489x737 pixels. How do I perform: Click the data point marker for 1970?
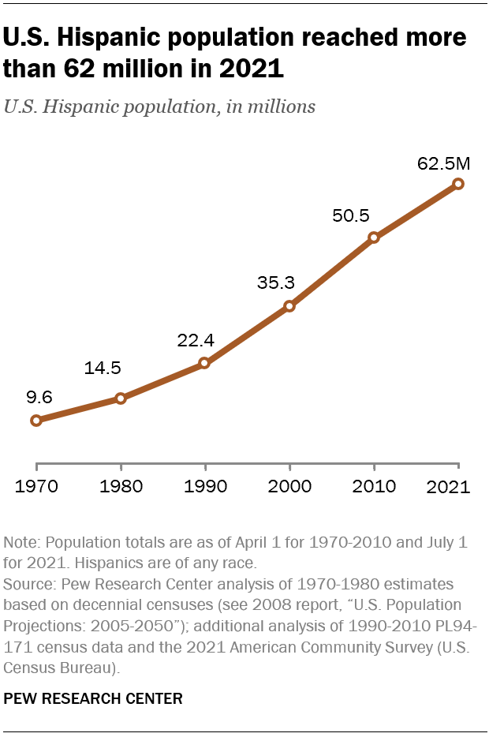(x=35, y=421)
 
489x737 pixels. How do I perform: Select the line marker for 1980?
(x=121, y=398)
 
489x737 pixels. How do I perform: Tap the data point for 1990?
(x=204, y=363)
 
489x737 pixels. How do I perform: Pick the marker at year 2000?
(x=289, y=306)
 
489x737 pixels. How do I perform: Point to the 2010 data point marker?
(x=374, y=237)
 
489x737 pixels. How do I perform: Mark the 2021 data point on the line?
(x=458, y=184)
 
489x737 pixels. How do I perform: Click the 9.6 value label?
(x=39, y=397)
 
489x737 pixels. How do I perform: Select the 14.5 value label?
(x=103, y=368)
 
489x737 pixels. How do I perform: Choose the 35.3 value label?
(x=275, y=282)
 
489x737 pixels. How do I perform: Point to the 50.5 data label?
(x=351, y=215)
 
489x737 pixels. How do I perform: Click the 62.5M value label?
(x=443, y=164)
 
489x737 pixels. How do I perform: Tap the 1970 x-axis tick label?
(x=35, y=486)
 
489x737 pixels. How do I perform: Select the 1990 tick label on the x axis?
(x=204, y=486)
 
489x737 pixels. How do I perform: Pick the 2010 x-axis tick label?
(x=374, y=486)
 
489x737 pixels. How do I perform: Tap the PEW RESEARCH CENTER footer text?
(x=93, y=698)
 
